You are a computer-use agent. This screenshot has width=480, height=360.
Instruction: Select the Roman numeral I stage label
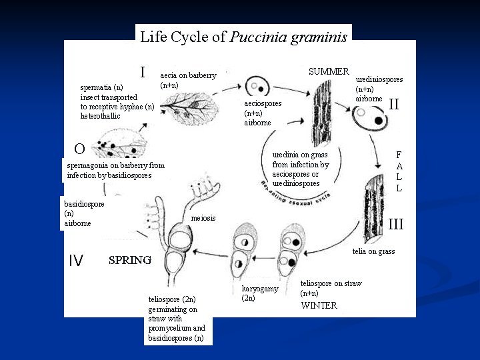143,71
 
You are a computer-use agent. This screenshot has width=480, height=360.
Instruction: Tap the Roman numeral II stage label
394,104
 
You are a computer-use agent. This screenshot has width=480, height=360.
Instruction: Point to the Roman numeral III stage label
396,225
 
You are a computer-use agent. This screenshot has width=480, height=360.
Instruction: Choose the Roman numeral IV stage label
76,261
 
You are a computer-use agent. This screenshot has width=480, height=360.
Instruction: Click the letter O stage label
79,149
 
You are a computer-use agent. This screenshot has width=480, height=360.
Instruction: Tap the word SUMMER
329,71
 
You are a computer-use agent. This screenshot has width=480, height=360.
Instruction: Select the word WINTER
319,306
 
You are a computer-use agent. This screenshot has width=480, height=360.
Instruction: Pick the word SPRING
130,260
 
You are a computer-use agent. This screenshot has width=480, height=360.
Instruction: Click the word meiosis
203,218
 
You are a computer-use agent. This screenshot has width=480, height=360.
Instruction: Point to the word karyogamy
257,289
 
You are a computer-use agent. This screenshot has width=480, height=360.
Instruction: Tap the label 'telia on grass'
373,251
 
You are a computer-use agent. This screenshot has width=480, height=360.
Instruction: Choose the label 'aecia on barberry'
189,76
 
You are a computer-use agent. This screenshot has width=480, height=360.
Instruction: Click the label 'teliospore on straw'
331,283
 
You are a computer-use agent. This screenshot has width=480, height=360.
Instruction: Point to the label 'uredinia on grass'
301,155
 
